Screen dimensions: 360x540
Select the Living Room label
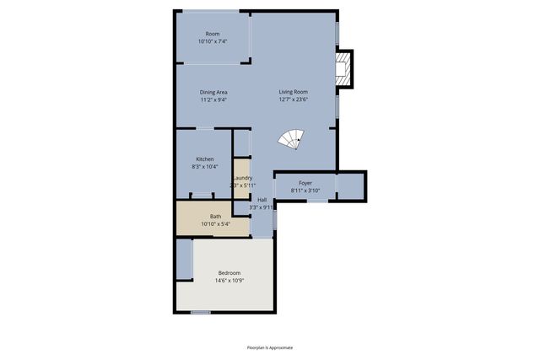[x=294, y=92]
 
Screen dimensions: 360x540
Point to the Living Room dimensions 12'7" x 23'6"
[x=294, y=99]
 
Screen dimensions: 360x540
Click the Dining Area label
[x=213, y=92]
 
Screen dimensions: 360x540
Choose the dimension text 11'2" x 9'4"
[x=213, y=99]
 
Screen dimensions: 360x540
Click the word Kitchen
[x=205, y=159]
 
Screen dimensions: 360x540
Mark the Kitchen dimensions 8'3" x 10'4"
[x=205, y=167]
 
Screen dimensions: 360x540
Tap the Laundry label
[x=242, y=178]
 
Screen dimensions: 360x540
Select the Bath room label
[x=216, y=217]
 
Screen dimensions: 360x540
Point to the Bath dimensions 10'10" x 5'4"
[x=216, y=224]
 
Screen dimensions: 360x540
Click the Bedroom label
[x=229, y=272]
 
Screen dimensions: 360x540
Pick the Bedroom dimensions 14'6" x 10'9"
[x=229, y=280]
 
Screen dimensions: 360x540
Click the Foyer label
[x=305, y=182]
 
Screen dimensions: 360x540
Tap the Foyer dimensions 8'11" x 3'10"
[x=305, y=191]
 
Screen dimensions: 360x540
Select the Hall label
[x=262, y=200]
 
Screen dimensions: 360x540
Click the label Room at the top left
[x=213, y=34]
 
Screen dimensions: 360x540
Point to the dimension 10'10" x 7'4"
[x=213, y=41]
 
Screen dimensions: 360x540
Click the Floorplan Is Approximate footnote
[x=270, y=347]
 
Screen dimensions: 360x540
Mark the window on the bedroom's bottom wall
[x=200, y=313]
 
